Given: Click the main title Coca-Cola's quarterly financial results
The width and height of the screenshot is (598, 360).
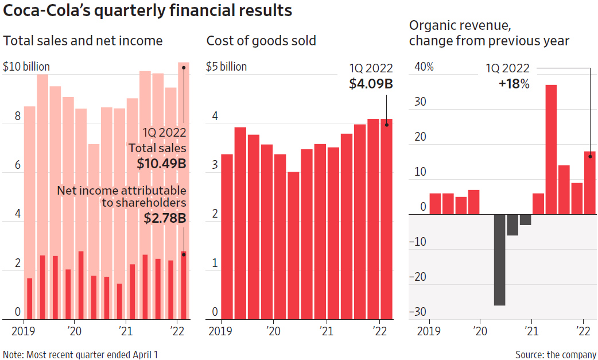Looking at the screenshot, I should [147, 11].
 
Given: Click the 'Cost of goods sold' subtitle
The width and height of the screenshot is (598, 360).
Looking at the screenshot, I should [261, 41].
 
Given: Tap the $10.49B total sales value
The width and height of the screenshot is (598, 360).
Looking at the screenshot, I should [162, 164].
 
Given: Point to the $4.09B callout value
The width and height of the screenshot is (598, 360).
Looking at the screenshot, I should [371, 84].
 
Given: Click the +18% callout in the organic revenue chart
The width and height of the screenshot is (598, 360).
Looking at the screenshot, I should [514, 84].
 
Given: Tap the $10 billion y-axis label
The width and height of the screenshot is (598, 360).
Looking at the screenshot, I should [26, 67].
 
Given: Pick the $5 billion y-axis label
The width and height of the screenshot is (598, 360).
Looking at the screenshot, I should [226, 67].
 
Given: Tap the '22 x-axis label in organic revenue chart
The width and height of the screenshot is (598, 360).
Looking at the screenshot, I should [583, 332].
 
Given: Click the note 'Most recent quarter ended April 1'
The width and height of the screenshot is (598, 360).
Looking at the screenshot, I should [80, 354].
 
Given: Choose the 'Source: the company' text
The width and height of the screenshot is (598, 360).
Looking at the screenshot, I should [556, 354].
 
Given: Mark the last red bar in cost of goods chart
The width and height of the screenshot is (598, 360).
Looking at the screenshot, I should [387, 218].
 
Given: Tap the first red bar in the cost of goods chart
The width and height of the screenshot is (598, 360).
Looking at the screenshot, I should [227, 236].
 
